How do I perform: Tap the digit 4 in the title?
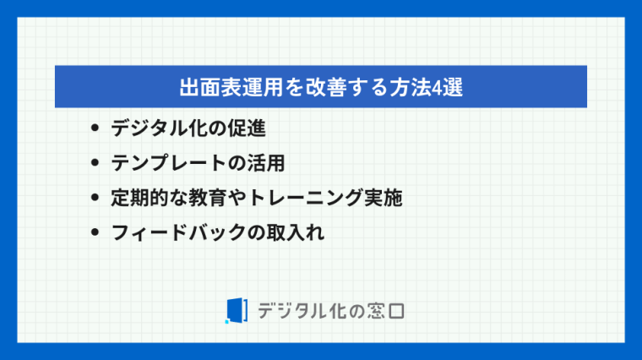pyautogui.click(x=437, y=87)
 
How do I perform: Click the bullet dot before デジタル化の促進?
pyautogui.click(x=95, y=128)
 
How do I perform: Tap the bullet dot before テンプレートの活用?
pyautogui.click(x=95, y=162)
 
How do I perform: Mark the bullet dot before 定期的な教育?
pyautogui.click(x=95, y=198)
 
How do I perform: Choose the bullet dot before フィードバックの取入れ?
pyautogui.click(x=95, y=232)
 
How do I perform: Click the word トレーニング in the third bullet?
pyautogui.click(x=305, y=198)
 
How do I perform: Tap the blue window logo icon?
pyautogui.click(x=237, y=311)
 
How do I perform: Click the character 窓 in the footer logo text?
pyautogui.click(x=376, y=311)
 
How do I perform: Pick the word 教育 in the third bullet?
pyautogui.click(x=208, y=198)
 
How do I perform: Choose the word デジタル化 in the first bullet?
pyautogui.click(x=160, y=128)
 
